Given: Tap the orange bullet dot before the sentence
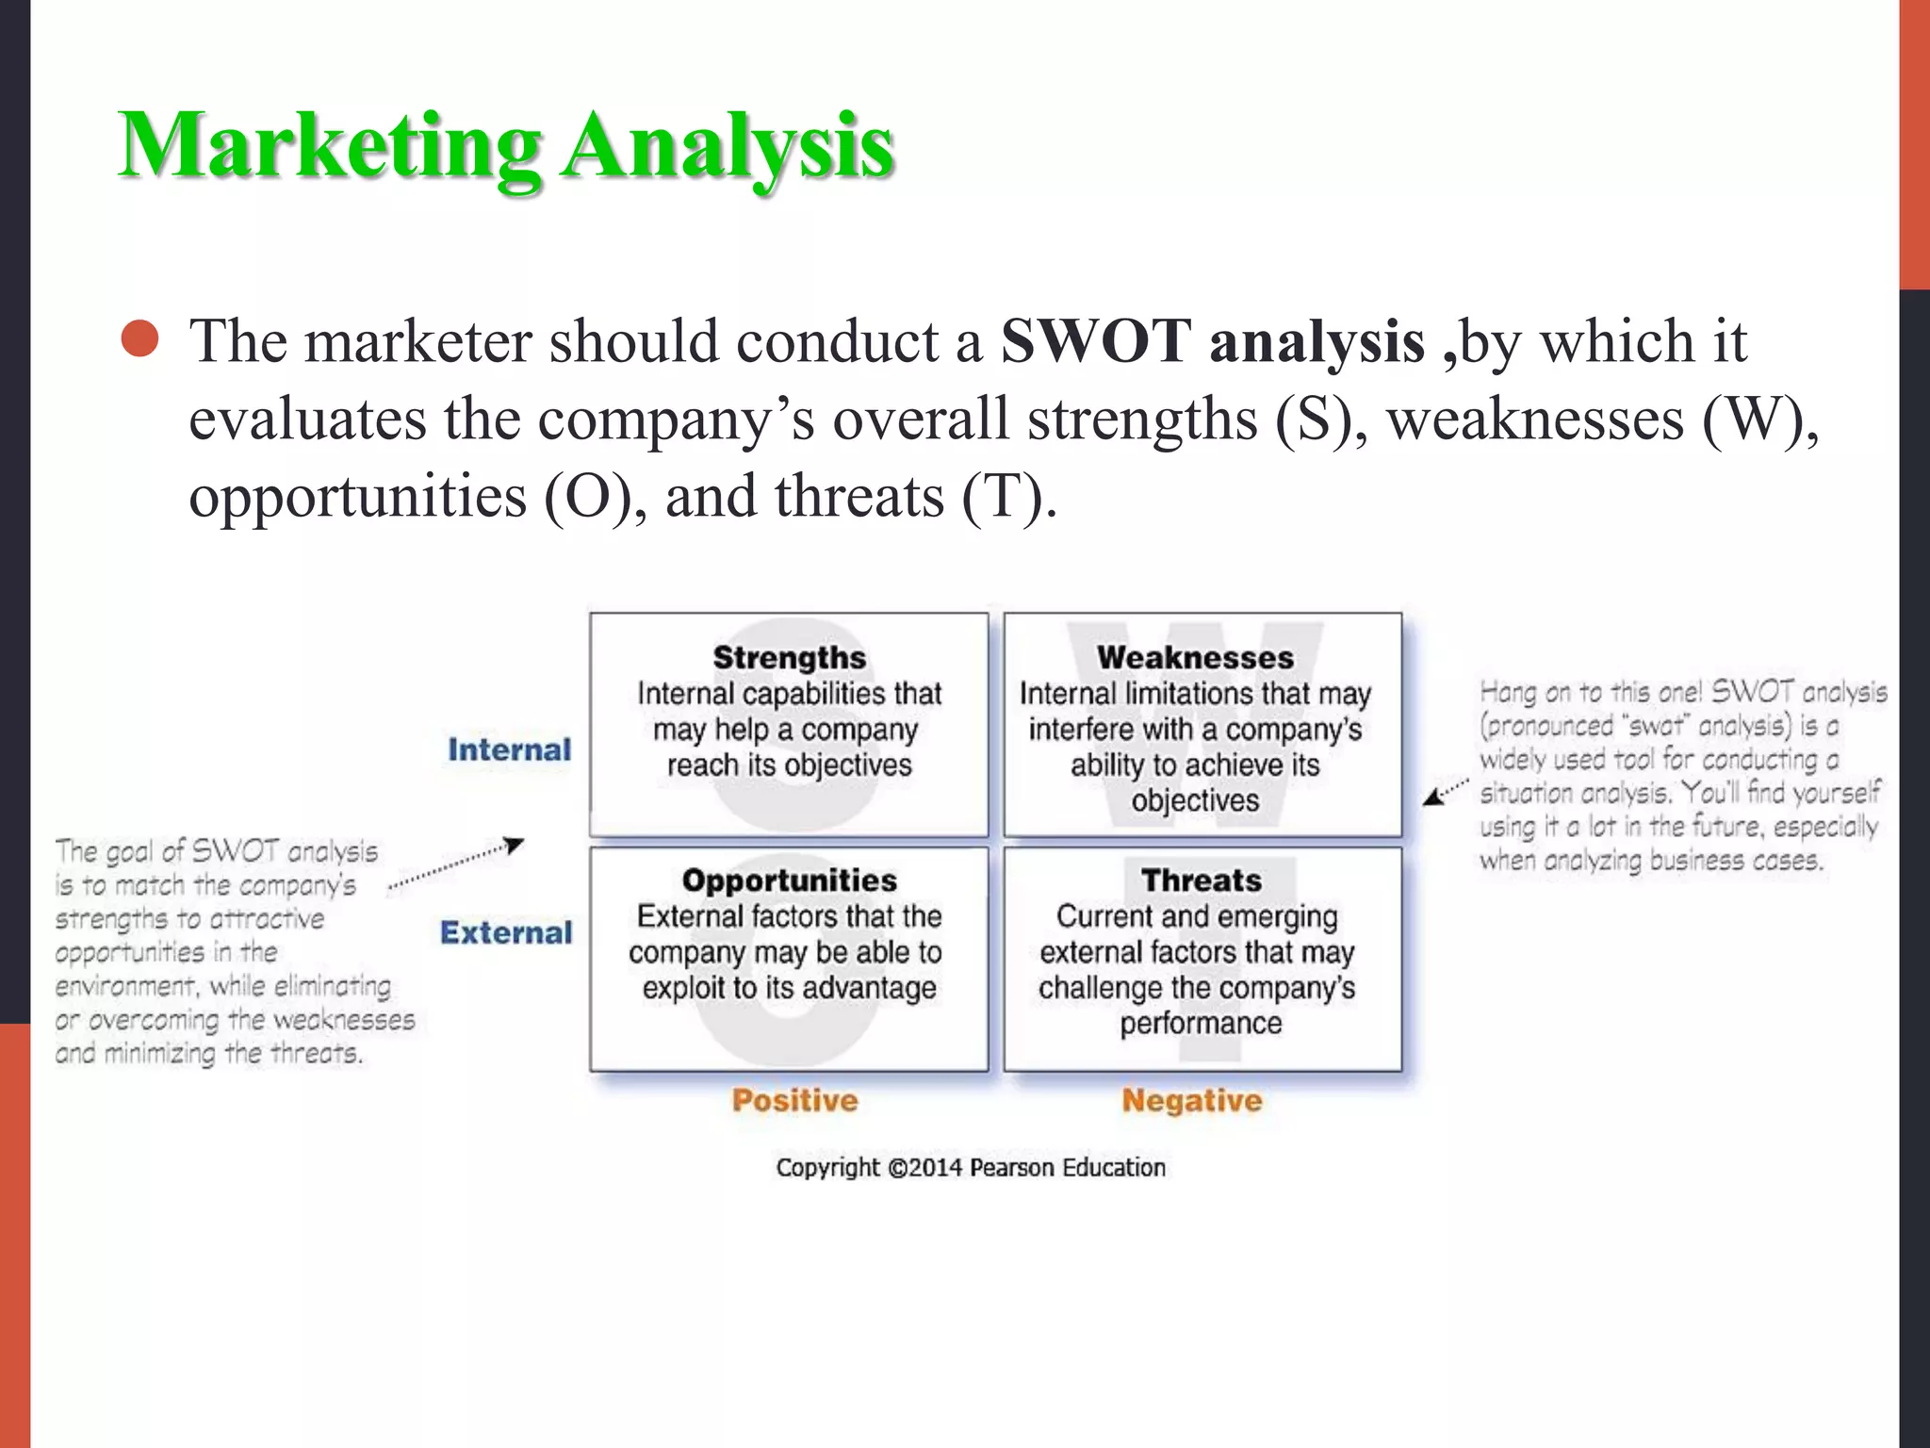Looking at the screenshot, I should coord(140,339).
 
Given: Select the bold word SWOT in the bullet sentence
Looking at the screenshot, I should coord(1095,340).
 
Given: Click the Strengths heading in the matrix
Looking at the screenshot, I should coord(789,657).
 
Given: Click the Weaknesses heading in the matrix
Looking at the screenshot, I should coord(1195,657).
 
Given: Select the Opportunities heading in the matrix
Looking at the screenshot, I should coord(789,880).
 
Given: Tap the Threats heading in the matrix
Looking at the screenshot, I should coord(1202,880).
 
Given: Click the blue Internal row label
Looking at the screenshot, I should coord(510,749).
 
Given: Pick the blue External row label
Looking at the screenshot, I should coord(506,932).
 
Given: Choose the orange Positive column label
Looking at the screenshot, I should coord(795,1100).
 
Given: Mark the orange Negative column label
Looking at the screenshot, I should coord(1192,1100).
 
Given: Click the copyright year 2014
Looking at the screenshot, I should coord(937,1168).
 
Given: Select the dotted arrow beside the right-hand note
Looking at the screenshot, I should coord(1445,792).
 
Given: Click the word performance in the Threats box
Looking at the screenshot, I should coord(1201,1024).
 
